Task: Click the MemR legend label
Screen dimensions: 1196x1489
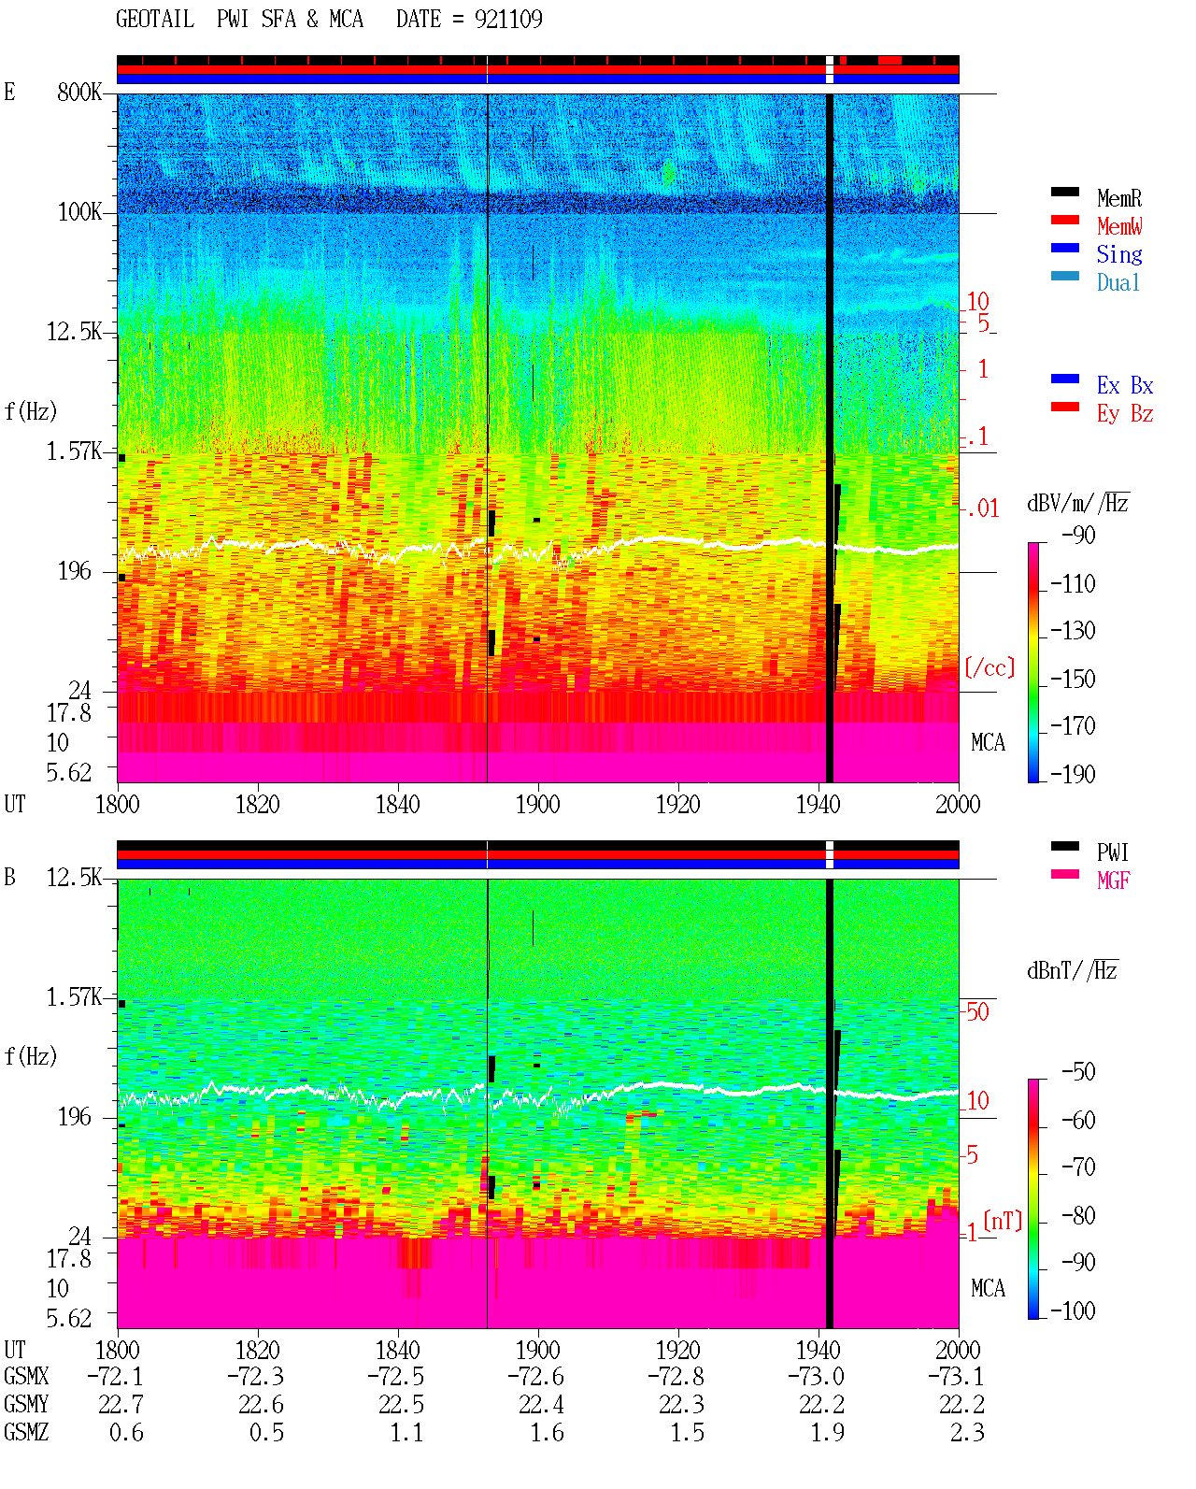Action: click(x=1118, y=198)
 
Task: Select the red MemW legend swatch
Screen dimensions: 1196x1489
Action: click(x=1064, y=220)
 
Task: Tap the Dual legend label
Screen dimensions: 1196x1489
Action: click(x=1118, y=282)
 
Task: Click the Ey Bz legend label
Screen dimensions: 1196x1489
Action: click(x=1124, y=413)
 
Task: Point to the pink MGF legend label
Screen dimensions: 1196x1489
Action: click(x=1113, y=881)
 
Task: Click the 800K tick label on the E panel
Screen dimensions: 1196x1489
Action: click(x=79, y=92)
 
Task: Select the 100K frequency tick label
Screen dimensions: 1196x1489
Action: click(x=79, y=212)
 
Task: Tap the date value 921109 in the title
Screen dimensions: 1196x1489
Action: click(x=508, y=19)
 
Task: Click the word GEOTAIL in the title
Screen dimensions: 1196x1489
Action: click(x=155, y=19)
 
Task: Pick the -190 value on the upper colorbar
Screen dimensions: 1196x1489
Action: click(x=1073, y=774)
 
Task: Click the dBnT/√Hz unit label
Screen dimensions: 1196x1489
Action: click(x=1073, y=971)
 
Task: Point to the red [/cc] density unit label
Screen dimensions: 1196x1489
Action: click(x=990, y=667)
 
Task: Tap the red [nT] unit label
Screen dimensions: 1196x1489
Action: click(x=1003, y=1221)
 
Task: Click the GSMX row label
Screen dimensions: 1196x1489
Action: click(x=26, y=1376)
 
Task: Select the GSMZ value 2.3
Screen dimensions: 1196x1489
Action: click(x=967, y=1432)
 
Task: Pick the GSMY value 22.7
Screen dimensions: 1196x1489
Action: click(x=121, y=1405)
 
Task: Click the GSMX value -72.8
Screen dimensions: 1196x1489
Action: click(x=676, y=1376)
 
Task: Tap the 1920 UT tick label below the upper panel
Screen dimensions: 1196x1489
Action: click(x=678, y=804)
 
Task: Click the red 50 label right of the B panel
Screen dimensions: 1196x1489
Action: click(x=976, y=1012)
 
